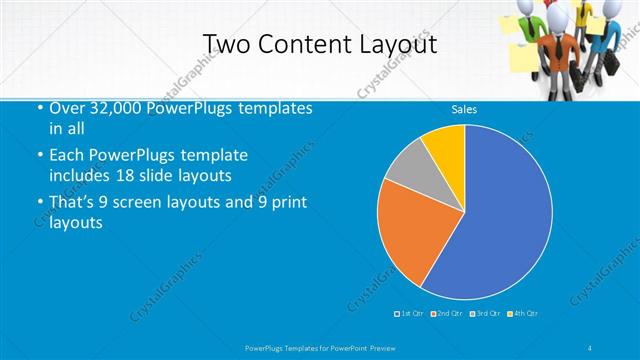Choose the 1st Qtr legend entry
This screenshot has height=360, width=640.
[x=410, y=314]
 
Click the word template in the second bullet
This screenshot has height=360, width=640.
[x=211, y=155]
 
